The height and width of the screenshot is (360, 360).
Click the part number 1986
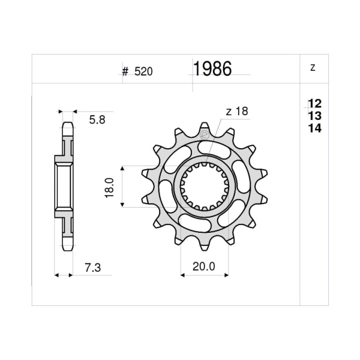212,70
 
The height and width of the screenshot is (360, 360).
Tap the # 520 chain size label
137,71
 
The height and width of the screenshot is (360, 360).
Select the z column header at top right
313,68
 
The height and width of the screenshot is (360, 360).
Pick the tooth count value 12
314,104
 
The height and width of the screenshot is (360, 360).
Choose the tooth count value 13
314,116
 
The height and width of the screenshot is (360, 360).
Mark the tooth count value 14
314,128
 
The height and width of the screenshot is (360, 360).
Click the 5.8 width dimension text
97,120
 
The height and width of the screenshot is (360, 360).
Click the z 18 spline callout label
237,111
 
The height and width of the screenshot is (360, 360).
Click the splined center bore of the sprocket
205,187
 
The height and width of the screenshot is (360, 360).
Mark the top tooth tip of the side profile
67,125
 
